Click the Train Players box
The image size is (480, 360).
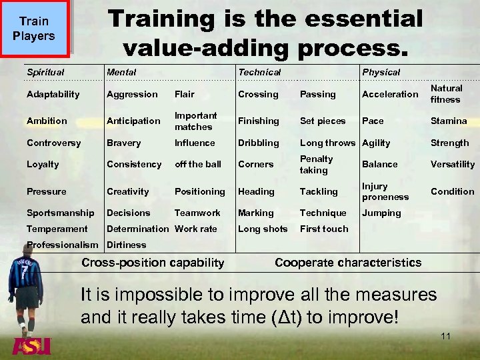[x=34, y=28]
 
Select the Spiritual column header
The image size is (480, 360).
[x=45, y=72]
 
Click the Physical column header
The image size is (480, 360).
[x=381, y=72]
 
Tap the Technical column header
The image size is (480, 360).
[x=259, y=72]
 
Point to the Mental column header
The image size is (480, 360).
[x=121, y=72]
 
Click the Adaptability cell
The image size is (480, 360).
[x=53, y=94]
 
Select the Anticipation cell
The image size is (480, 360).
[x=133, y=121]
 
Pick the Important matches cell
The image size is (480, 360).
[x=196, y=121]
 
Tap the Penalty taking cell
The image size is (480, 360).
[x=316, y=164]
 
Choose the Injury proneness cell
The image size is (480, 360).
[x=385, y=191]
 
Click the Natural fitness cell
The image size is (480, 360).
[x=446, y=94]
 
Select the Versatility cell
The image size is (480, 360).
[x=453, y=164]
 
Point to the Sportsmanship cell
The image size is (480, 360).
[x=61, y=213]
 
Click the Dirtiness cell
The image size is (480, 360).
[x=126, y=245]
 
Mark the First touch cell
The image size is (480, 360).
[x=324, y=229]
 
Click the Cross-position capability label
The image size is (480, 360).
[x=153, y=263]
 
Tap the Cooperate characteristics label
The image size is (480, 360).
[x=348, y=263]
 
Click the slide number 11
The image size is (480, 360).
[x=445, y=336]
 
